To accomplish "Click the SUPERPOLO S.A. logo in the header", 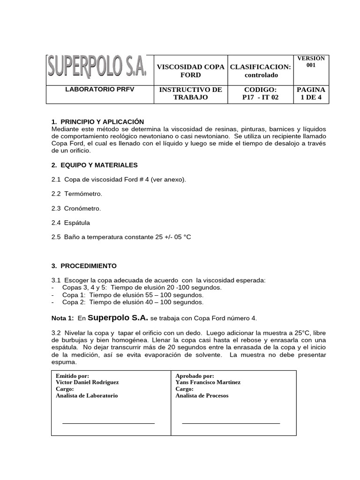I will (97, 69).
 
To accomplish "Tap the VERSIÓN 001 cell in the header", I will (311, 62).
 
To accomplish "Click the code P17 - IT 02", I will (261, 97).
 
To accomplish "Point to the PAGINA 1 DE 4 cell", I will (311, 94).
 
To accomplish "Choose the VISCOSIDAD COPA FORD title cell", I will (190, 71).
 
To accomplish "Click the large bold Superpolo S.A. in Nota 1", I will (118, 317).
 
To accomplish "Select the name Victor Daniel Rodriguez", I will (87, 382).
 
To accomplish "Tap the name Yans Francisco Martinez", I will (208, 382).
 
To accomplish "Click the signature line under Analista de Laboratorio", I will (108, 423).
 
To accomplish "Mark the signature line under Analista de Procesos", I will (231, 423).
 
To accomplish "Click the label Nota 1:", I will (62, 318).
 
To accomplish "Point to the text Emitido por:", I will (72, 375).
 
